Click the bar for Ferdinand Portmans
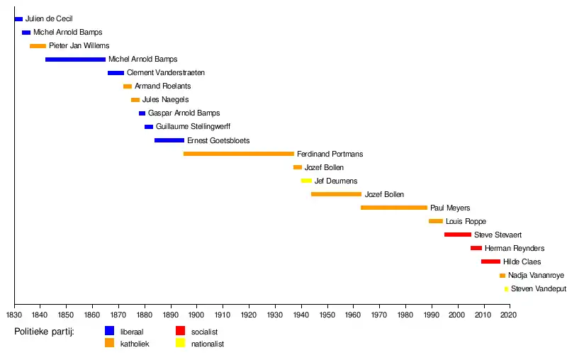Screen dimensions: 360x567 tap(238, 154)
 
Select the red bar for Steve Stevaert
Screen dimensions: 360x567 tap(457, 235)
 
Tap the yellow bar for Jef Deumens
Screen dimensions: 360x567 tap(306, 181)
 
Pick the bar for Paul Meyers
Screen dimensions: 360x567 tap(393, 208)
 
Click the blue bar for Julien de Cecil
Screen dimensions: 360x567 tap(18, 19)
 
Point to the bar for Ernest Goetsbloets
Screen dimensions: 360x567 tap(169, 140)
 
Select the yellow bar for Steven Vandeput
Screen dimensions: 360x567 tap(506, 288)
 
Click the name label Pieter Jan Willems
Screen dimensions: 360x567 tap(79, 46)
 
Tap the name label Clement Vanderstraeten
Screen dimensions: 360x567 tap(165, 73)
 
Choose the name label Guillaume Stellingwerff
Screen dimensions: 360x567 tap(193, 127)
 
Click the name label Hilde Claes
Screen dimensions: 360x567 tap(522, 261)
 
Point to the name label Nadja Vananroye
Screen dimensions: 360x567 tap(537, 275)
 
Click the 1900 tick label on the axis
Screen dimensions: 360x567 tap(196, 315)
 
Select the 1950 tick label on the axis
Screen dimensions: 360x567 tap(327, 315)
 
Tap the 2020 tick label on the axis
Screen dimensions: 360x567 tap(510, 315)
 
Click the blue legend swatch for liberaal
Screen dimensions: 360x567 tap(110, 330)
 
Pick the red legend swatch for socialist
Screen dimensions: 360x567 tap(180, 330)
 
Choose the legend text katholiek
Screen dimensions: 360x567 tap(135, 344)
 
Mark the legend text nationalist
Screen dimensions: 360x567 tap(207, 344)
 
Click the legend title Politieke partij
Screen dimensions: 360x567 tap(44, 331)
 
